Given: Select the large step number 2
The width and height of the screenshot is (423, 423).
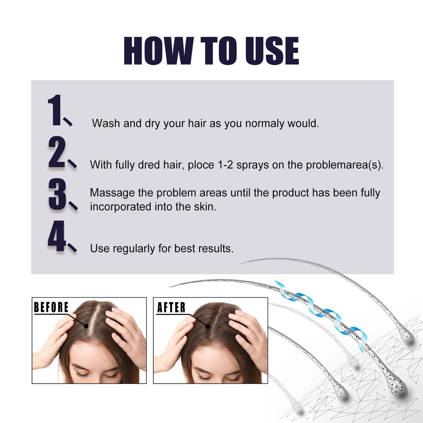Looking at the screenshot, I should (x=57, y=152).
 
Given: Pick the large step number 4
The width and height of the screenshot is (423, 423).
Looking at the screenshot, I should (x=57, y=236).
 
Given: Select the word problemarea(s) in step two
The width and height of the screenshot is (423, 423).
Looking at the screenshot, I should (x=344, y=165).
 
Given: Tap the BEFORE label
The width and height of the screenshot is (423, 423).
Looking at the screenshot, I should (x=51, y=307).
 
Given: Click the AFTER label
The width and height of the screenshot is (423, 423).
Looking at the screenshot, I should (x=171, y=307).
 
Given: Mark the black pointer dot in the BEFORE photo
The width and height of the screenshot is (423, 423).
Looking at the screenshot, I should (x=86, y=326).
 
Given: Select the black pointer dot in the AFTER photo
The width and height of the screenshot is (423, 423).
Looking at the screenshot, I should (x=208, y=326).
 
